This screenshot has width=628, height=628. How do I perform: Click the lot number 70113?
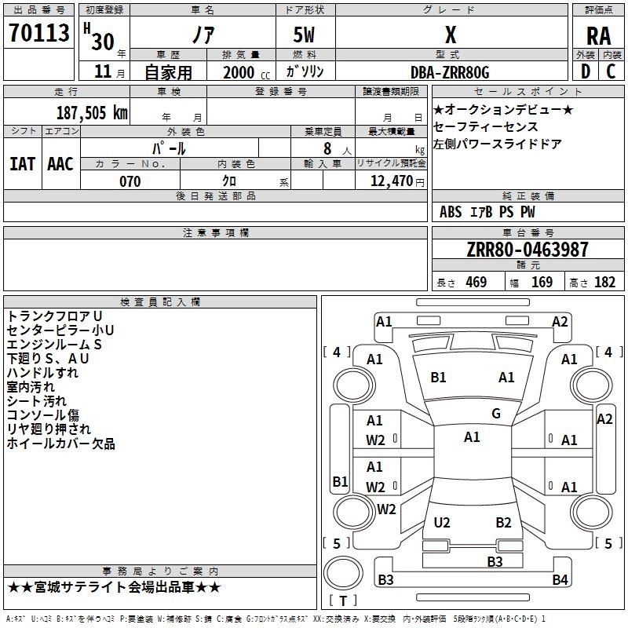[38, 33]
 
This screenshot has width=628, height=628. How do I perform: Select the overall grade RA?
[598, 36]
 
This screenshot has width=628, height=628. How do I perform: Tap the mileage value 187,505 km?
[92, 112]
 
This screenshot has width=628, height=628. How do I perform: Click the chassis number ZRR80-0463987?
[528, 250]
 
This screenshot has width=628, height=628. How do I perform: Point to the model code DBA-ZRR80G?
[450, 72]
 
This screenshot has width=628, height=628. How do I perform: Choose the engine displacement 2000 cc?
[246, 72]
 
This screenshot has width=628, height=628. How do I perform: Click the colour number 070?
[130, 181]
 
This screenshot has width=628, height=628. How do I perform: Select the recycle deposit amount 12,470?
[392, 181]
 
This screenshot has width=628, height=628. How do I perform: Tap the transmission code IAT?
[22, 164]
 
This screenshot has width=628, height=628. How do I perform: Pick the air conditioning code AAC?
[60, 164]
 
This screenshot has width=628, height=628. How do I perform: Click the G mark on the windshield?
[496, 413]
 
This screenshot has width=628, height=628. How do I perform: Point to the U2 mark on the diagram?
[442, 522]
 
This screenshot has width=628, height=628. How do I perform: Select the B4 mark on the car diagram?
[560, 579]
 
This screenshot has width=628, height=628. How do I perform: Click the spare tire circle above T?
[343, 573]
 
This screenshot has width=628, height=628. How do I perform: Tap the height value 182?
[604, 282]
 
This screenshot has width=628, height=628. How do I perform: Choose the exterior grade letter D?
[586, 71]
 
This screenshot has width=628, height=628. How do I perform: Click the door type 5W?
[304, 35]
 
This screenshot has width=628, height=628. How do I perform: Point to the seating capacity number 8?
[327, 148]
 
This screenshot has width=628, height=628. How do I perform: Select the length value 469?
[476, 282]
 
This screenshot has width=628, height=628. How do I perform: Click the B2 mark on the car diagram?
[503, 522]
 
